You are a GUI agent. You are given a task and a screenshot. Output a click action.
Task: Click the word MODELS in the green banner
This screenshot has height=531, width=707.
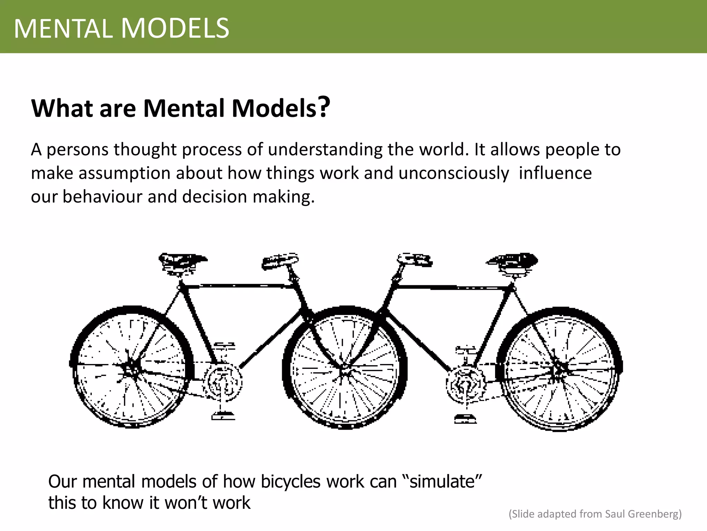[175, 28]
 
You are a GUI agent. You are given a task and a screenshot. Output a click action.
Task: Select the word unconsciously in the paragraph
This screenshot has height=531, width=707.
[454, 173]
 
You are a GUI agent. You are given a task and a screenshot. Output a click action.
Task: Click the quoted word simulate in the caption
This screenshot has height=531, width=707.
[442, 481]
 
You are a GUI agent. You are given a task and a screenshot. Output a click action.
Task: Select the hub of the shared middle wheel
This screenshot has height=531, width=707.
[344, 371]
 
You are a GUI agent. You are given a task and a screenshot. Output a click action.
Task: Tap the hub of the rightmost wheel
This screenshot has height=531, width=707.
[559, 369]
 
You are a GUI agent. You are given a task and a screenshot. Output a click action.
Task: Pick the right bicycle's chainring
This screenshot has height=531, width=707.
[465, 384]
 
